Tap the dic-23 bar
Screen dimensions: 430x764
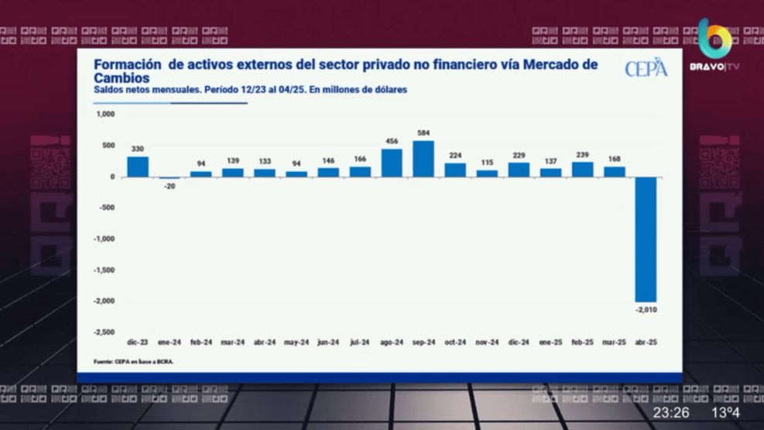(x=138, y=167)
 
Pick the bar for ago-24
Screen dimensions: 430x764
(x=392, y=163)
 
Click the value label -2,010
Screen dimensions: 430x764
(x=646, y=310)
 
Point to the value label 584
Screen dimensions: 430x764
(x=423, y=132)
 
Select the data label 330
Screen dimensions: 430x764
(x=138, y=149)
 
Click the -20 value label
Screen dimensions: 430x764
(x=170, y=186)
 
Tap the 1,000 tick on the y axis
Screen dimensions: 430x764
(x=105, y=114)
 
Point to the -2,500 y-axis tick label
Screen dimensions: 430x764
(x=104, y=332)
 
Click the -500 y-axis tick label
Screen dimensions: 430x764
(x=106, y=208)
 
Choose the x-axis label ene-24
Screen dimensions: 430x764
(x=169, y=342)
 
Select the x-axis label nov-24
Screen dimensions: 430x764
(x=487, y=342)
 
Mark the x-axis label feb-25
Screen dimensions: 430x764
(x=582, y=342)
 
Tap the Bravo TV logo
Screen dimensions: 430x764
(x=714, y=46)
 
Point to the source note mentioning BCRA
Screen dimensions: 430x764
(x=133, y=362)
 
